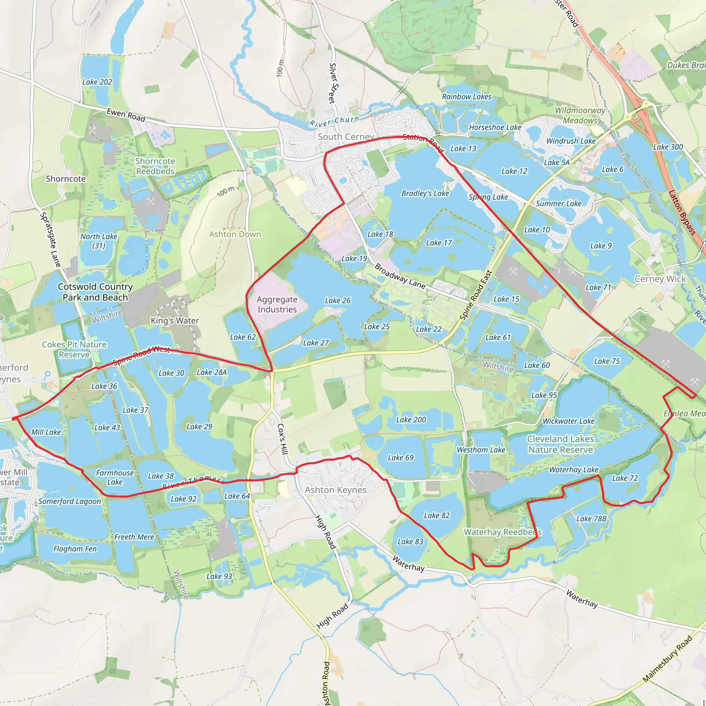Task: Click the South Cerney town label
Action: coord(346,137)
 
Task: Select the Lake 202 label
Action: coord(97,82)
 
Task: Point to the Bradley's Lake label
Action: coord(425,193)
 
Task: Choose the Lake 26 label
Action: coord(337,300)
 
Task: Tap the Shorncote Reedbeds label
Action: coord(155,166)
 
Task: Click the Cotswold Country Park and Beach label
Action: coord(95,292)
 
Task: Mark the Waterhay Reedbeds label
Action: coord(503,532)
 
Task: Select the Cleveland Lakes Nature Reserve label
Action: coord(560,444)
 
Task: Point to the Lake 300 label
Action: coord(668,147)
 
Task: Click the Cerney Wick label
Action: coord(660,279)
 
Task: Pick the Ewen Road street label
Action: coord(126,115)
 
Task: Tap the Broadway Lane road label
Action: coord(400,276)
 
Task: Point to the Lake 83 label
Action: coord(410,541)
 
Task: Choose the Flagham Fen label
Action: coord(75,548)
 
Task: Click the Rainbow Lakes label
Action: coord(467,97)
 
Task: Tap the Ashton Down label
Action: coord(235,234)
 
